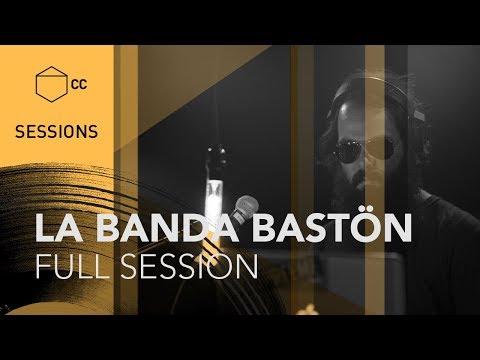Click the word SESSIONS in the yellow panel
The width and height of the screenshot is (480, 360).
coord(56,131)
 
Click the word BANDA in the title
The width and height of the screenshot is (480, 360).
coord(158,228)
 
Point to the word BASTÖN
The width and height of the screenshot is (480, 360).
coord(327,228)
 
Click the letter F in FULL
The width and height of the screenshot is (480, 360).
coord(42,267)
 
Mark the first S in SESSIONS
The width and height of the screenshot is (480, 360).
coord(20,131)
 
